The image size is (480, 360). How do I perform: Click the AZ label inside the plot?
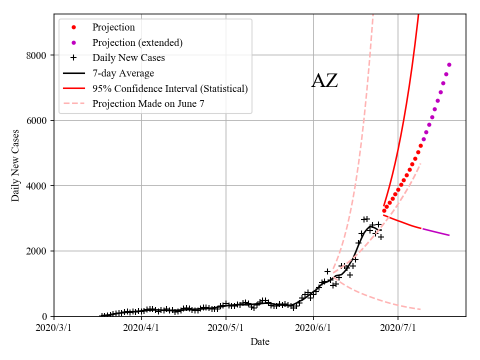point(324,81)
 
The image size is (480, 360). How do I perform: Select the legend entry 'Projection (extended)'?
point(137,42)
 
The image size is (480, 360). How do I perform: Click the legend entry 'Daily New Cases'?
point(128,58)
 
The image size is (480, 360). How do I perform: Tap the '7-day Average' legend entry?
point(123,73)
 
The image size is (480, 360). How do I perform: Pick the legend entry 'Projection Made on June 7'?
point(148,104)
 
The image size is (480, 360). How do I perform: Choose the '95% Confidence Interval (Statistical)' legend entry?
point(170,89)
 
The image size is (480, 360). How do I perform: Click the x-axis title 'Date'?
point(260,342)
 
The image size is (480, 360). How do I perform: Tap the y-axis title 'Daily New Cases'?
point(15,165)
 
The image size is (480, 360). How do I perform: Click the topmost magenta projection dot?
point(449,64)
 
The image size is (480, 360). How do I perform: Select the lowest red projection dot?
point(384,211)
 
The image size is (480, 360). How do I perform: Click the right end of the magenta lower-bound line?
point(449,235)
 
